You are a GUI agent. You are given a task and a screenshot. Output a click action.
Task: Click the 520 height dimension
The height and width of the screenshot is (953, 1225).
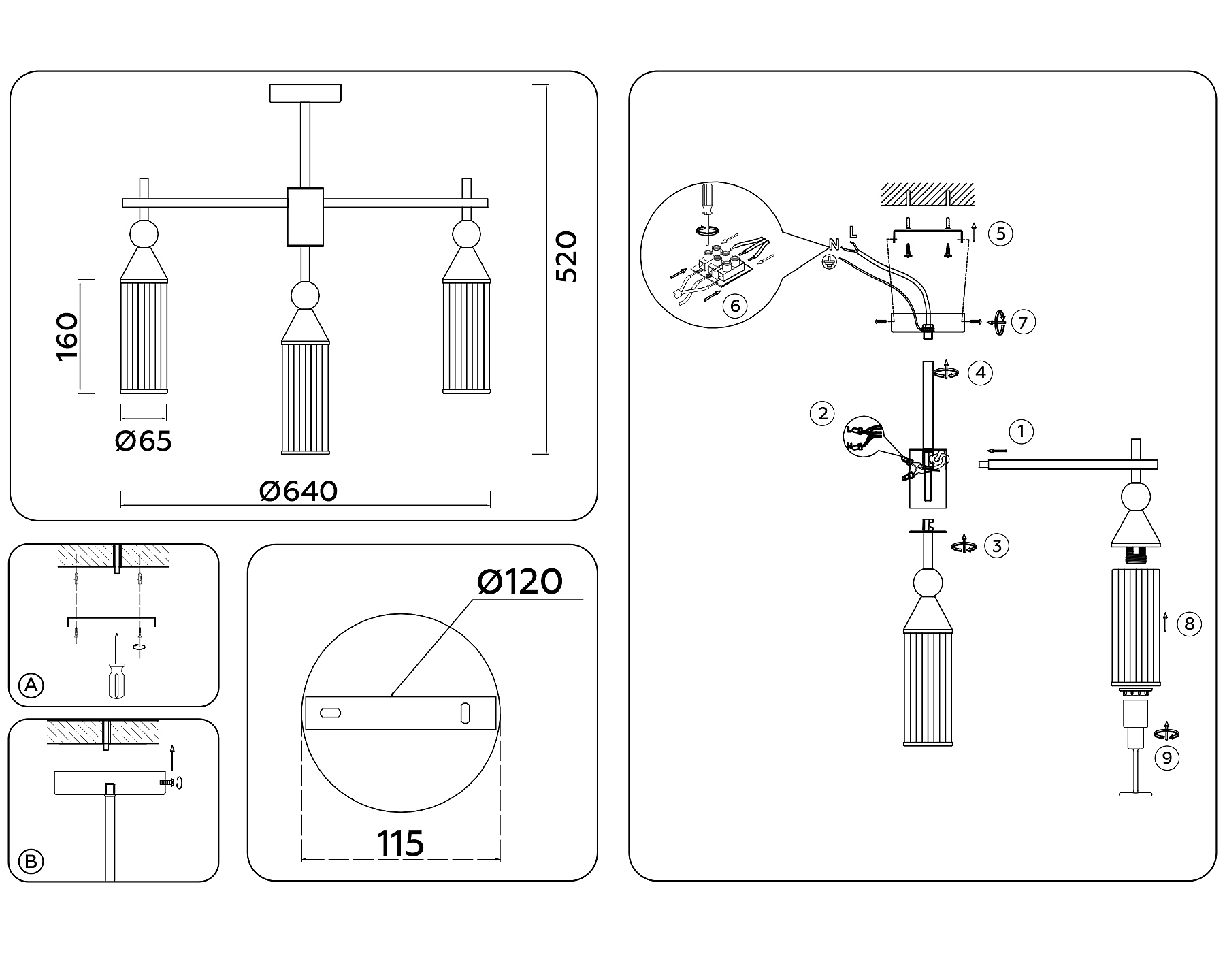coord(566,257)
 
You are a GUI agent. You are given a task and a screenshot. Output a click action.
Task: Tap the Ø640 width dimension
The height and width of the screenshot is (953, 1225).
coord(299,491)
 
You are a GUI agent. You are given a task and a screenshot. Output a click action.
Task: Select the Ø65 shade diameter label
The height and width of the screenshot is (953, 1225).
coord(144,441)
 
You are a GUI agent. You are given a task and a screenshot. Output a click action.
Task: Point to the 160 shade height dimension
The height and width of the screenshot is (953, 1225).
coord(67,337)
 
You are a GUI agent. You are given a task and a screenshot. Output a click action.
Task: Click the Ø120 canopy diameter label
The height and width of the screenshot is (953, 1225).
coord(520,582)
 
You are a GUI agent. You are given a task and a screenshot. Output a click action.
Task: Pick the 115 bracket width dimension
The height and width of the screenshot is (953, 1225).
coord(400,844)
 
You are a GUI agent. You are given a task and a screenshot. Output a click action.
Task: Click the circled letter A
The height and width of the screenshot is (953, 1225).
coord(31,685)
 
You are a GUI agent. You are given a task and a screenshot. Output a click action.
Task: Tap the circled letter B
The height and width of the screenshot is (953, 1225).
coord(31,862)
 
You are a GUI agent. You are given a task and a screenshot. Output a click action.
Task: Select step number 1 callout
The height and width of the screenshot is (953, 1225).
coord(1021,431)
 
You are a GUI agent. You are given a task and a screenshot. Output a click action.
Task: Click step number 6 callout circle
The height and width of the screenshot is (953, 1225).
coord(735,306)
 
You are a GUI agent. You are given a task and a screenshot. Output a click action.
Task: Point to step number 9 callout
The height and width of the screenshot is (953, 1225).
coord(1167,758)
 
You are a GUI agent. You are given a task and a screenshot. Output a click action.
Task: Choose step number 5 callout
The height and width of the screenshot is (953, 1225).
coord(1000,233)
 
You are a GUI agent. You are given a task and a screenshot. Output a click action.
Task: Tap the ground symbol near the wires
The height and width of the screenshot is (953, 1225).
coord(829,263)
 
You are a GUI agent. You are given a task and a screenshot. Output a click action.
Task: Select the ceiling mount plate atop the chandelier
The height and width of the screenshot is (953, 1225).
coord(306,93)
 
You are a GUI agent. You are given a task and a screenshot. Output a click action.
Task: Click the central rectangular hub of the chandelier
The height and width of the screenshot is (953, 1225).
coord(306,216)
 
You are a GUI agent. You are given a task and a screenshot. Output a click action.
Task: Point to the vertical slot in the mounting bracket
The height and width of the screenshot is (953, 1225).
coord(465,713)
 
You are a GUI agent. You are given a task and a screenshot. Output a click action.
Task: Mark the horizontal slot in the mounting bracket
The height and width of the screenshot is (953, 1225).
coord(331,713)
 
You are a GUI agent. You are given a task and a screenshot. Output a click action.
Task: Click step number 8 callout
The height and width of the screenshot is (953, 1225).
coord(1189,624)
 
